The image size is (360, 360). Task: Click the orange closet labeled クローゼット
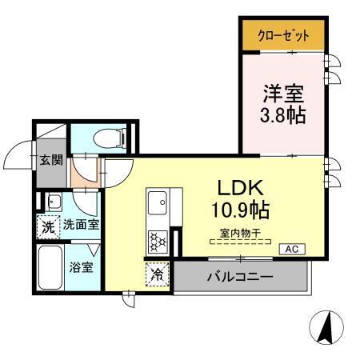pos(283,36)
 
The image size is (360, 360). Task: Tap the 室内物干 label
pos(239,235)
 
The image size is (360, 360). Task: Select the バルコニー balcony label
pos(241,278)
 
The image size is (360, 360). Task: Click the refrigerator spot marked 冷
pos(158,274)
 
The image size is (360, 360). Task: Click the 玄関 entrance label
pos(51,159)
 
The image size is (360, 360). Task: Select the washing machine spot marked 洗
pos(49,226)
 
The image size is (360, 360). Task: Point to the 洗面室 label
pos(81,226)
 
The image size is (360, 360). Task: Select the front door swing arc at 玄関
pos(19,154)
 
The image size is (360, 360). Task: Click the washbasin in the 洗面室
pos(54,201)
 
